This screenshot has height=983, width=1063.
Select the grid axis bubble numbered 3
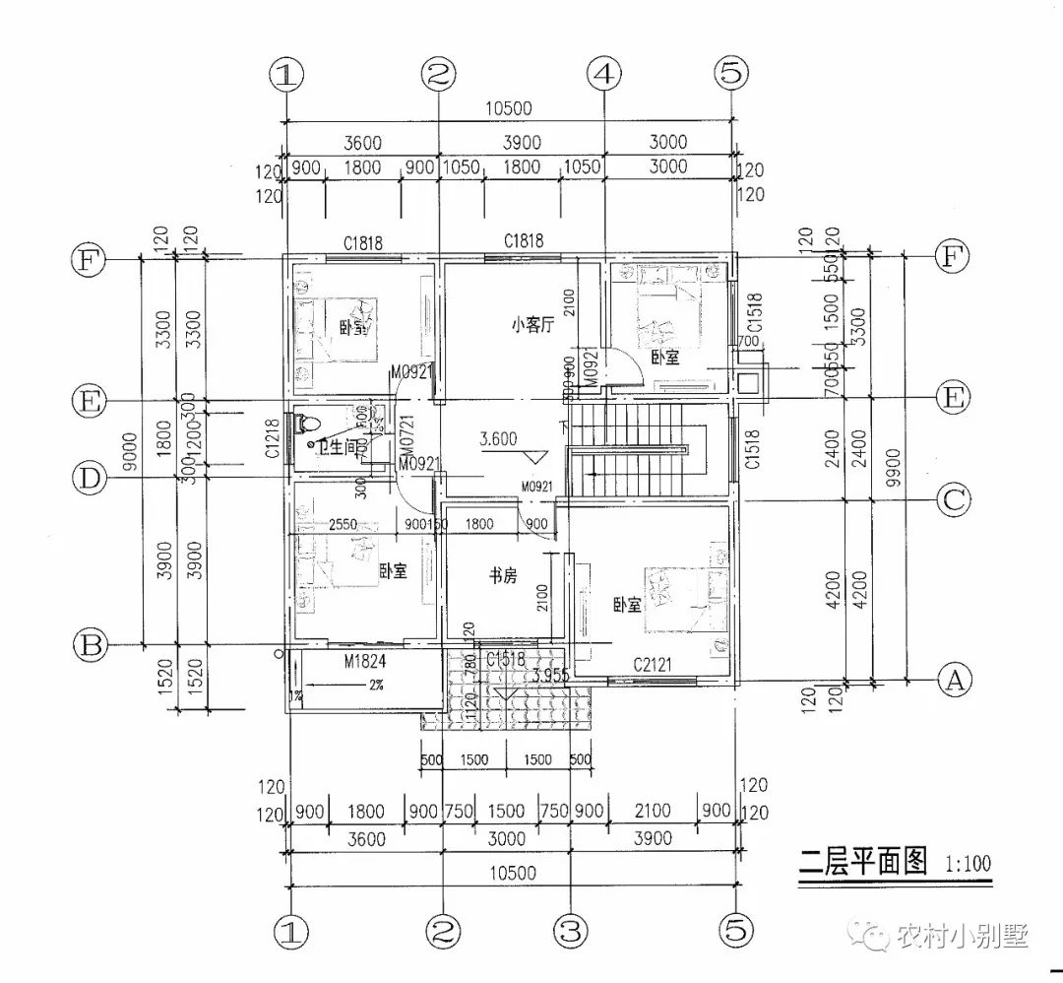(572, 928)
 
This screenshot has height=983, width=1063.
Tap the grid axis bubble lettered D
(92, 480)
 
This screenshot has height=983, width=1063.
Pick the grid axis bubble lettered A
(952, 679)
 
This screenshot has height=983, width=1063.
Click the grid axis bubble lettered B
(92, 645)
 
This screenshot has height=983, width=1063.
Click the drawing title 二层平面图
(862, 862)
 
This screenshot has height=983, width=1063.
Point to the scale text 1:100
(968, 865)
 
